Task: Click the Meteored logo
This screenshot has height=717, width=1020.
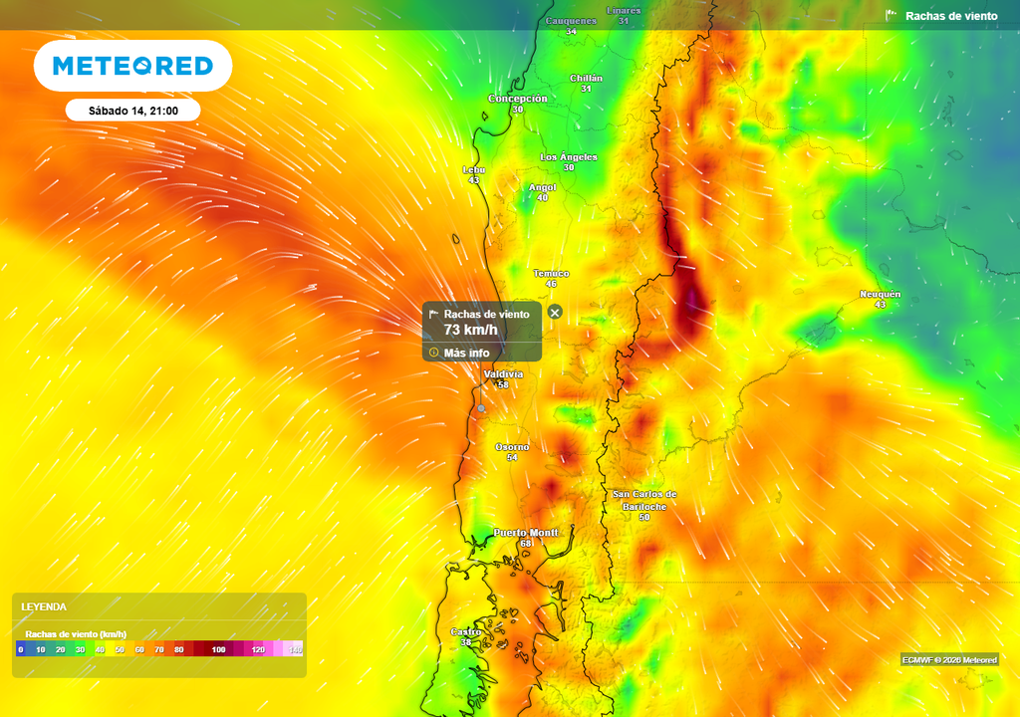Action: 132,66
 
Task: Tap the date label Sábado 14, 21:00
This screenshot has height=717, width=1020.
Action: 132,111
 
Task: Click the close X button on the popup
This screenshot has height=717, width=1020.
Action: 556,313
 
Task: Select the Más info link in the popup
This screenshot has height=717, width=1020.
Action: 465,353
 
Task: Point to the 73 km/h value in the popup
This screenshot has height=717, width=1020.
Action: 470,330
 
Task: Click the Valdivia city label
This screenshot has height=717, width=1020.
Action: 502,374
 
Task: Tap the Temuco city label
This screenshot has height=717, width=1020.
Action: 551,273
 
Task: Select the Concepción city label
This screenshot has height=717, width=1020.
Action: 517,99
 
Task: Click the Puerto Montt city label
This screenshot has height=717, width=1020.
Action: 526,533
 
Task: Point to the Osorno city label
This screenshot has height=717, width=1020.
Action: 512,447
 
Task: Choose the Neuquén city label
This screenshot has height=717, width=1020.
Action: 880,294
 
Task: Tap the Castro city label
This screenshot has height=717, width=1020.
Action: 466,631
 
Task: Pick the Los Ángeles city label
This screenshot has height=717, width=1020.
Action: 569,157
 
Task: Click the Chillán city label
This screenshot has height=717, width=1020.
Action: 586,78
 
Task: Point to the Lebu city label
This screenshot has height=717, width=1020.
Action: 474,169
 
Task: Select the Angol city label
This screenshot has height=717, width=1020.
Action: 542,187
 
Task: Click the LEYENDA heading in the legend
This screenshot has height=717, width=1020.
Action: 44,606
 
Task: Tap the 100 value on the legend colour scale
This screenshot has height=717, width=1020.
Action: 218,649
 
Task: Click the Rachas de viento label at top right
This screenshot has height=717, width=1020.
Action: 950,16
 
